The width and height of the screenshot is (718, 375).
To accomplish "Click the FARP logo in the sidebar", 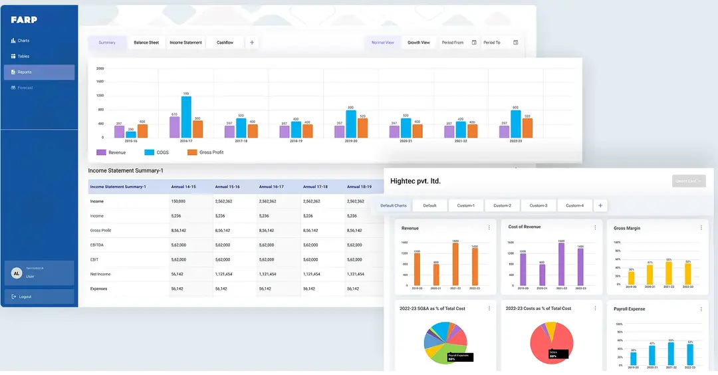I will tap(24, 20).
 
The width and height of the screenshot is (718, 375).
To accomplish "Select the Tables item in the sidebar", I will tap(23, 57).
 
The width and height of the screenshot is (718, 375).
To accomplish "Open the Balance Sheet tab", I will tap(146, 43).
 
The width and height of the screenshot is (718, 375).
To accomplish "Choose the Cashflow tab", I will tap(225, 43).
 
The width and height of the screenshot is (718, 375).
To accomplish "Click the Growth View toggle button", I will tap(419, 43).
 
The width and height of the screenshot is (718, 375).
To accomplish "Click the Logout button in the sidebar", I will tap(25, 297).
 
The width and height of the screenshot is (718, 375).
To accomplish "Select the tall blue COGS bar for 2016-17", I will tap(186, 117).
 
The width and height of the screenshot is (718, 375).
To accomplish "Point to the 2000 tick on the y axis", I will tap(100, 68).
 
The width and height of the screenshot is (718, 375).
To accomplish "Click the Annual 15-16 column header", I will tap(227, 187).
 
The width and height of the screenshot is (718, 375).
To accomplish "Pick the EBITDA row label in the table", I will tap(98, 245).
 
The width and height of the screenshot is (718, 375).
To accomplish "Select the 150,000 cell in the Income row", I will tap(178, 201).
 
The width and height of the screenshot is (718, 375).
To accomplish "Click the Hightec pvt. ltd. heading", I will tap(416, 181).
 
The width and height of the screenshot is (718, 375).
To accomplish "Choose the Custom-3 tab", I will tap(538, 205).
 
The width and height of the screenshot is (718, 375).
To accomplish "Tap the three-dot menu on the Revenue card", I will tap(489, 227).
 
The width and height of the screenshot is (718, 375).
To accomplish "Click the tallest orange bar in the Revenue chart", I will tap(455, 265).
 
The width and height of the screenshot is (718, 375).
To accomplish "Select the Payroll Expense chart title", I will tap(630, 309).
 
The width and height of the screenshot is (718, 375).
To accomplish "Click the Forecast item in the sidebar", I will tap(25, 88).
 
